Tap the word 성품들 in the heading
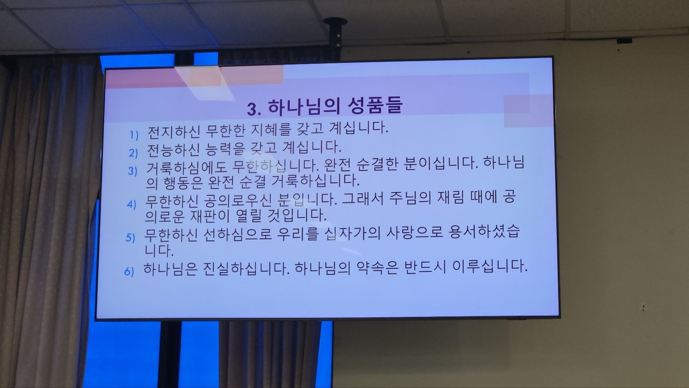pyautogui.click(x=375, y=105)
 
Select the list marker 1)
pyautogui.click(x=134, y=135)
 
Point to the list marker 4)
pyautogui.click(x=131, y=204)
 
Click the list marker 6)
pyautogui.click(x=129, y=271)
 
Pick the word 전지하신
pyautogui.click(x=174, y=131)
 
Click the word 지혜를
pyautogui.click(x=271, y=130)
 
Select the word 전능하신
pyautogui.click(x=173, y=150)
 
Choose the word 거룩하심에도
pyautogui.click(x=186, y=168)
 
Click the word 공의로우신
pyautogui.click(x=237, y=200)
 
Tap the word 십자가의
pyautogui.click(x=353, y=233)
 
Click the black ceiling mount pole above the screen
pyautogui.click(x=335, y=38)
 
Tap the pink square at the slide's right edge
pyautogui.click(x=528, y=111)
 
